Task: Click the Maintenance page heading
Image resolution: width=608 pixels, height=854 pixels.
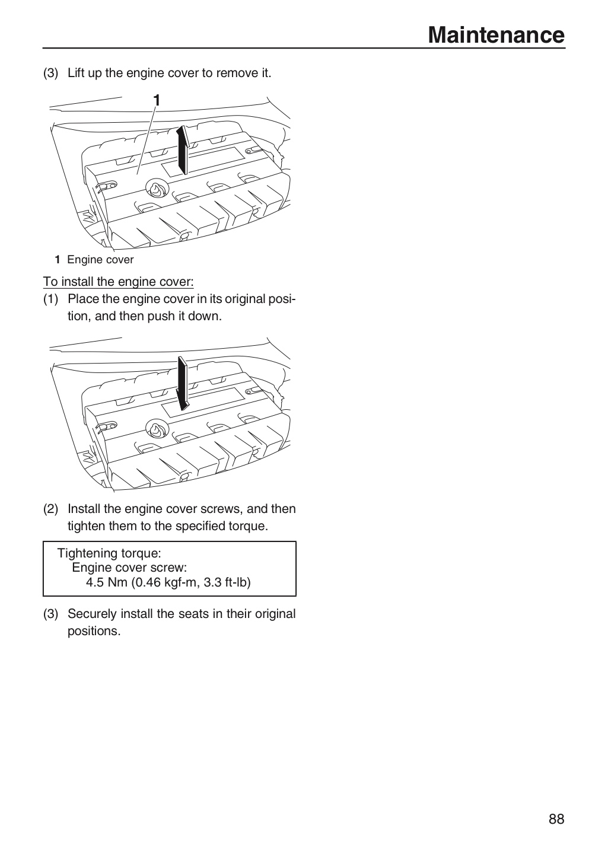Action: click(x=496, y=35)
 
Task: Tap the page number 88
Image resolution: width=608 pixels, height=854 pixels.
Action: click(x=556, y=819)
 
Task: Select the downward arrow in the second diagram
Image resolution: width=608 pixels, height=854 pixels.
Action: click(x=183, y=383)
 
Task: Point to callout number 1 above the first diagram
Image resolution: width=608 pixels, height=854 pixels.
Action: click(x=157, y=100)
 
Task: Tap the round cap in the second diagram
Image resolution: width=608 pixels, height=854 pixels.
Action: click(x=157, y=429)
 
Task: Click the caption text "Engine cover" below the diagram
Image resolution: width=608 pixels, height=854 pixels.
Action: click(x=100, y=260)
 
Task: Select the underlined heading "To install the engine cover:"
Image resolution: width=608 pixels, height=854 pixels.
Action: click(x=118, y=282)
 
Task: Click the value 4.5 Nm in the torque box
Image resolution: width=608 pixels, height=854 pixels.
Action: click(x=106, y=582)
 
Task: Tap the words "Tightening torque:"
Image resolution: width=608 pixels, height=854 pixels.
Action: click(x=109, y=553)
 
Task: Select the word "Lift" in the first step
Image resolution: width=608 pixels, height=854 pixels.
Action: click(x=76, y=73)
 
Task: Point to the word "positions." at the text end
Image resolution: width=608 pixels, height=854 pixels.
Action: click(x=94, y=632)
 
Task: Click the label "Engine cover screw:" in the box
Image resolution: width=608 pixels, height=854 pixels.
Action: click(x=129, y=568)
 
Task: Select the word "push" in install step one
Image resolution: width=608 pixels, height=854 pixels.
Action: click(x=161, y=316)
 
